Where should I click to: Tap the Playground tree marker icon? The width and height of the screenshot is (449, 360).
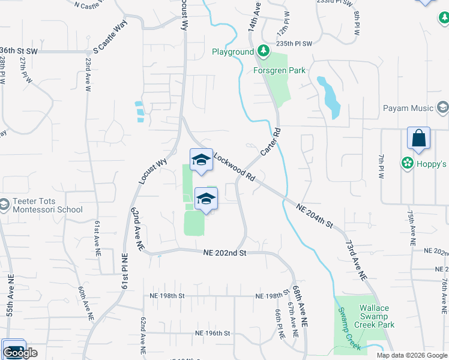coord(262,51)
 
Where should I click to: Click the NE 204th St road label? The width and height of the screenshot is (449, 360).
coord(315,215)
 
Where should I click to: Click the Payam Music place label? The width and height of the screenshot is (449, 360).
coord(408,108)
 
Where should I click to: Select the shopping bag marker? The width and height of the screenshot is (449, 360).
coord(418,138)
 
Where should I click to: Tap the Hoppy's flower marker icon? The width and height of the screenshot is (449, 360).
coord(408,163)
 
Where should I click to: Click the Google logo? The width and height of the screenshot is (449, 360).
coord(20,353)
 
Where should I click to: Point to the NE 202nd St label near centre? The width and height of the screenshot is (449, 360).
coord(224,253)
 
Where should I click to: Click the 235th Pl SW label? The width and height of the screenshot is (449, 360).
coord(294,44)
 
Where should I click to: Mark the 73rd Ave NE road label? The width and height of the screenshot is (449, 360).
coord(355,260)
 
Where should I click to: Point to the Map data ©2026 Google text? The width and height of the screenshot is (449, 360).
coord(412,355)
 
